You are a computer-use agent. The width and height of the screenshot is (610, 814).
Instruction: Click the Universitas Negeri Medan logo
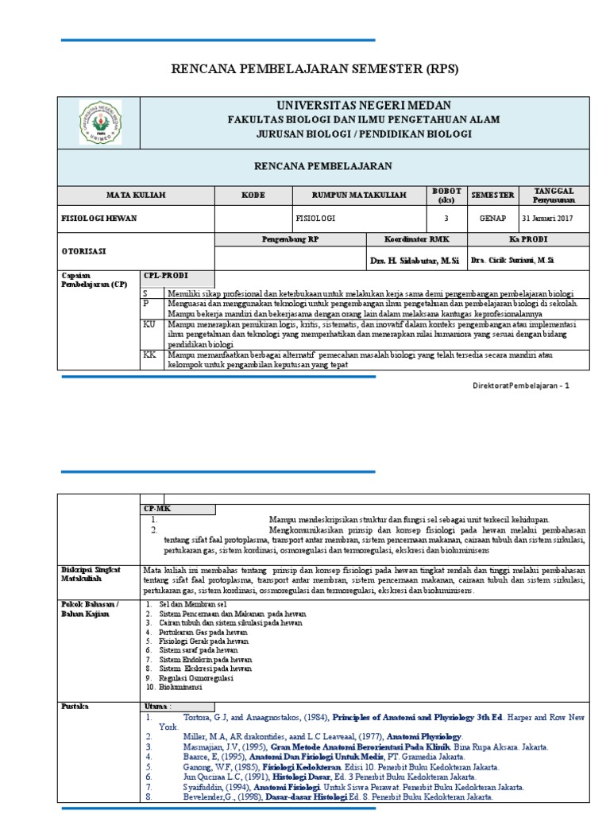coord(99,122)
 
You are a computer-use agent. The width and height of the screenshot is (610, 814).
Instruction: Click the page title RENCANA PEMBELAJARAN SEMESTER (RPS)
coord(315,70)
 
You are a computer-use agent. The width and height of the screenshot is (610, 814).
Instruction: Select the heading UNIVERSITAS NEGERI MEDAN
coord(363,106)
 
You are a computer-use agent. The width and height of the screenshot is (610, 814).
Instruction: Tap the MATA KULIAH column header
coord(136,195)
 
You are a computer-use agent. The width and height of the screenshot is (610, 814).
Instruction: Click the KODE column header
coord(253,195)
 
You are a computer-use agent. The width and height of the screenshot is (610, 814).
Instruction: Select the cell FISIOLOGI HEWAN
coord(95,218)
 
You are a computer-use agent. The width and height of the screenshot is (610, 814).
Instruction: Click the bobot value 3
coord(446,218)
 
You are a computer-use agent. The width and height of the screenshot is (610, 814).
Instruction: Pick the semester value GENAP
coord(492,218)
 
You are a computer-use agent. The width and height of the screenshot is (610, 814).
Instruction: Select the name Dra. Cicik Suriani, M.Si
coord(512,260)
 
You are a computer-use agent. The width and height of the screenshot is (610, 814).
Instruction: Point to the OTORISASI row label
coord(85,250)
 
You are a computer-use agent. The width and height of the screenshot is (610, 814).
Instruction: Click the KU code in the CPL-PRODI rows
coord(149,324)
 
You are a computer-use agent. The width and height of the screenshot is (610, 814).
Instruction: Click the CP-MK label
coord(154,507)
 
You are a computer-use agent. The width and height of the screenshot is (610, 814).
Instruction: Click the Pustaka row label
coord(75,706)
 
